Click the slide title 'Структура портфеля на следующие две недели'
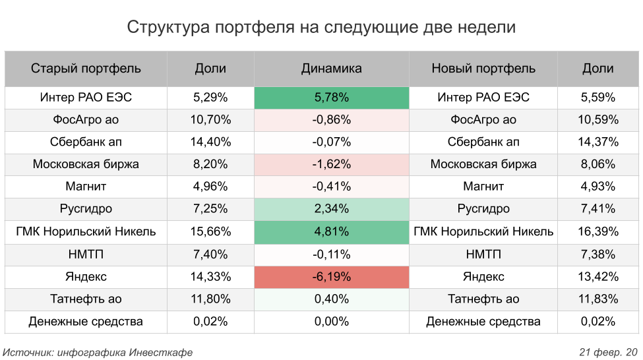[x=321, y=27]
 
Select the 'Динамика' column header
[x=331, y=68]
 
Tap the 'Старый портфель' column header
[x=86, y=68]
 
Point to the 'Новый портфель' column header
[x=483, y=68]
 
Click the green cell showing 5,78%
[x=331, y=98]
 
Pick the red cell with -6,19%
[x=331, y=277]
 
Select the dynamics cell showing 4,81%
[x=331, y=232]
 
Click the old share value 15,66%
[x=210, y=232]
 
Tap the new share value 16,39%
[x=599, y=232]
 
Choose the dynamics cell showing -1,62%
[x=331, y=165]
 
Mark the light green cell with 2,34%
[x=331, y=210]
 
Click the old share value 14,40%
[x=210, y=142]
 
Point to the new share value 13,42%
[x=599, y=277]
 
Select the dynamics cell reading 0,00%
[x=331, y=322]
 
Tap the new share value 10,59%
[x=599, y=120]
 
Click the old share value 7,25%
[x=210, y=210]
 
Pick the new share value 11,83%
[x=599, y=299]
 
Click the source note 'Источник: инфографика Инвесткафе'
[x=98, y=352]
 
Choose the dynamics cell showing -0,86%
[x=331, y=120]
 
